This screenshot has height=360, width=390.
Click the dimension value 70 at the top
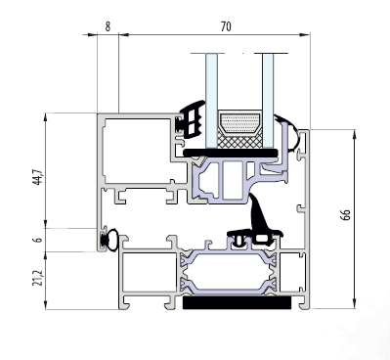point(226,26)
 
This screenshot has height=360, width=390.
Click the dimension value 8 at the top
point(108,26)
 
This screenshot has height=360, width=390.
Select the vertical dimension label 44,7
point(38,177)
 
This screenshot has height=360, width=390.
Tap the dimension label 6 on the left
point(38,240)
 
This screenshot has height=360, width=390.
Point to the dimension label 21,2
point(38,278)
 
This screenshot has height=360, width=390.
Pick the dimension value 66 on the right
point(346,214)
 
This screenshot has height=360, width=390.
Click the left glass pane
point(211,100)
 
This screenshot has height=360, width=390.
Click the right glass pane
point(268,100)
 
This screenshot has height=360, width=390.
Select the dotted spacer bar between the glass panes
point(239,123)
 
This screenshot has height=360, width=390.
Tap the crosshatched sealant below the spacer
point(239,140)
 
